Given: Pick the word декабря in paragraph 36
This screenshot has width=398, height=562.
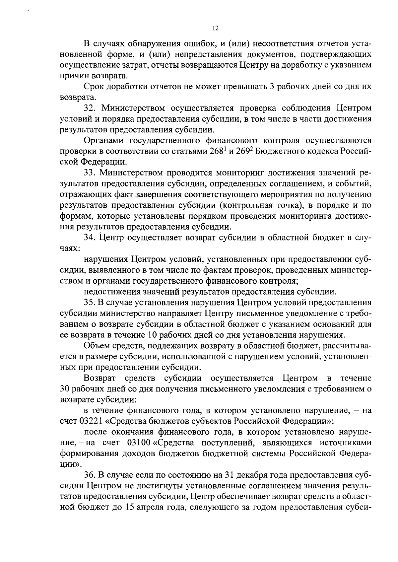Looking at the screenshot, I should [x=247, y=475].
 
